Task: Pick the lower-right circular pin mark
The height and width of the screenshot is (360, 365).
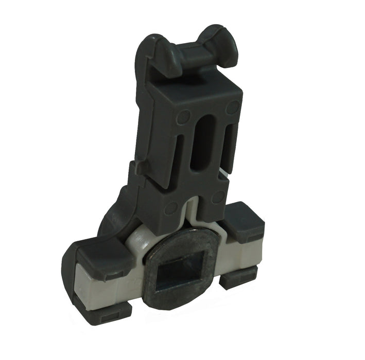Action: tap(219, 196)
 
